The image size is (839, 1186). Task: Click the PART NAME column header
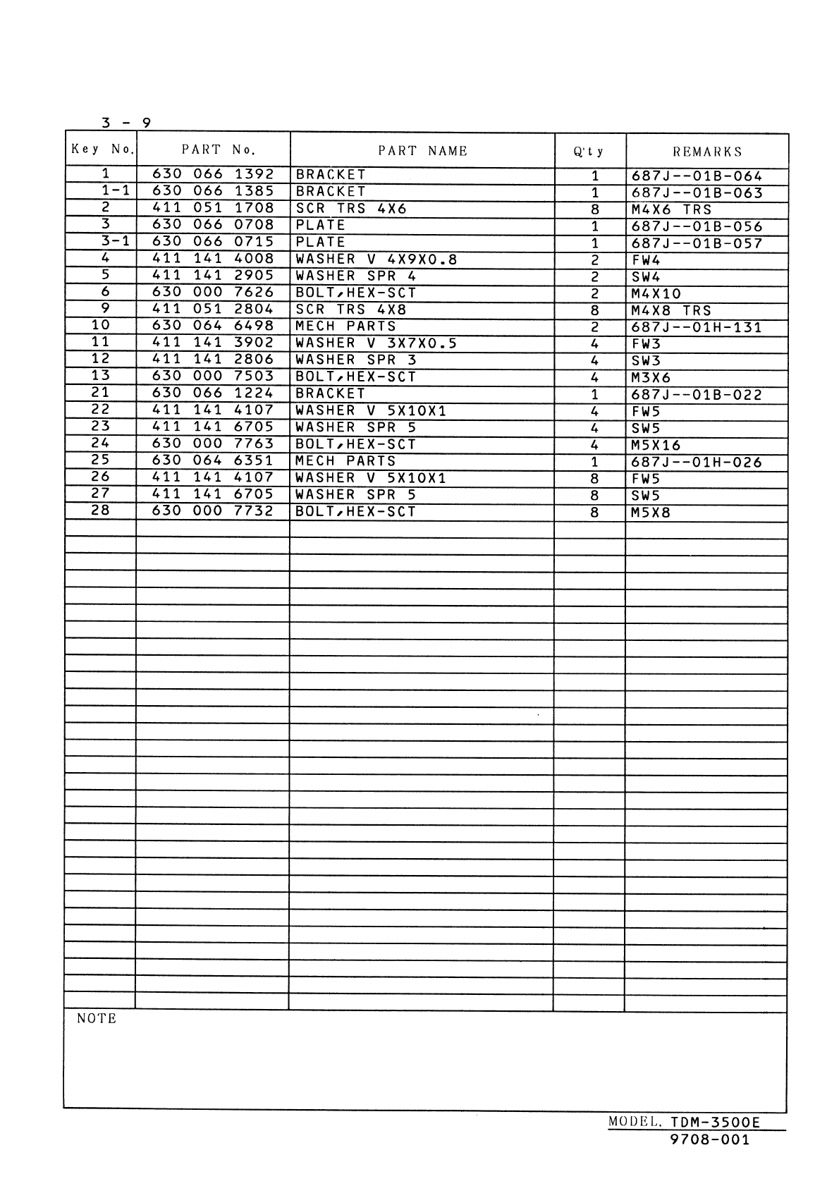click(x=422, y=151)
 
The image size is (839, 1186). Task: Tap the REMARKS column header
click(x=707, y=152)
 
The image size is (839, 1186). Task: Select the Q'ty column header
click(x=589, y=152)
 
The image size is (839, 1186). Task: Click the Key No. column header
click(x=102, y=149)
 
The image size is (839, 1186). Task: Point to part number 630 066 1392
click(x=213, y=174)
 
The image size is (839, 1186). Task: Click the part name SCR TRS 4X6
click(x=351, y=209)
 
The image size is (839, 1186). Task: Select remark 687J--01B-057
click(x=697, y=244)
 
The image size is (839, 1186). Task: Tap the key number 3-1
click(x=114, y=241)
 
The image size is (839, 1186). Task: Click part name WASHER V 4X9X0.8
click(x=376, y=259)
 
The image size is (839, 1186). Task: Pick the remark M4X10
click(x=656, y=294)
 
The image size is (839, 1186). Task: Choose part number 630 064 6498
click(x=213, y=326)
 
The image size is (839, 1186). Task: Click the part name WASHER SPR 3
click(x=356, y=360)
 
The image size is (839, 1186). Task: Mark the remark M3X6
click(x=651, y=378)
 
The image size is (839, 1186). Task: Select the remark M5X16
click(x=656, y=446)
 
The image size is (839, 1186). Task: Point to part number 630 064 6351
click(x=213, y=460)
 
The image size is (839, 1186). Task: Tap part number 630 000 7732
click(x=213, y=511)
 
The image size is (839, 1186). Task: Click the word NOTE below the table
click(x=97, y=1019)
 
